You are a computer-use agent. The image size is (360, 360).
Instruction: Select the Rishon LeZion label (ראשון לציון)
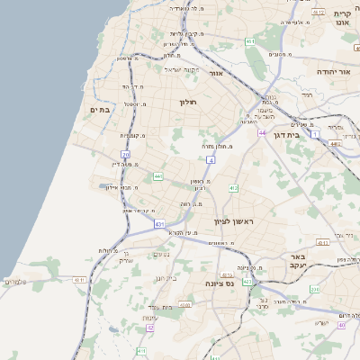235,221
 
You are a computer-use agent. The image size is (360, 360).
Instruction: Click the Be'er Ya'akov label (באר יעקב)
299,261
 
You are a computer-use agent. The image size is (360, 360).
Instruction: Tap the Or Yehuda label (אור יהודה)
337,70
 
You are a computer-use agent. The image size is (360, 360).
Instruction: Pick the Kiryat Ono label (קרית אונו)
341,17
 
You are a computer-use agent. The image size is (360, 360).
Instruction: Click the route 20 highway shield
125,155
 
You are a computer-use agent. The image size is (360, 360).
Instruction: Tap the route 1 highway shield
315,133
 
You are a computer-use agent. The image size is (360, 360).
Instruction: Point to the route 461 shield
249,41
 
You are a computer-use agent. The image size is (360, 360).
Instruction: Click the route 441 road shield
158,176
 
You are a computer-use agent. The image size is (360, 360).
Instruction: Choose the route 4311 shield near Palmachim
79,280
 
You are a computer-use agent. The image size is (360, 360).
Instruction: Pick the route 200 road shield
315,289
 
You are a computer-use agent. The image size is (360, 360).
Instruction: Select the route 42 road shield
150,328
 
